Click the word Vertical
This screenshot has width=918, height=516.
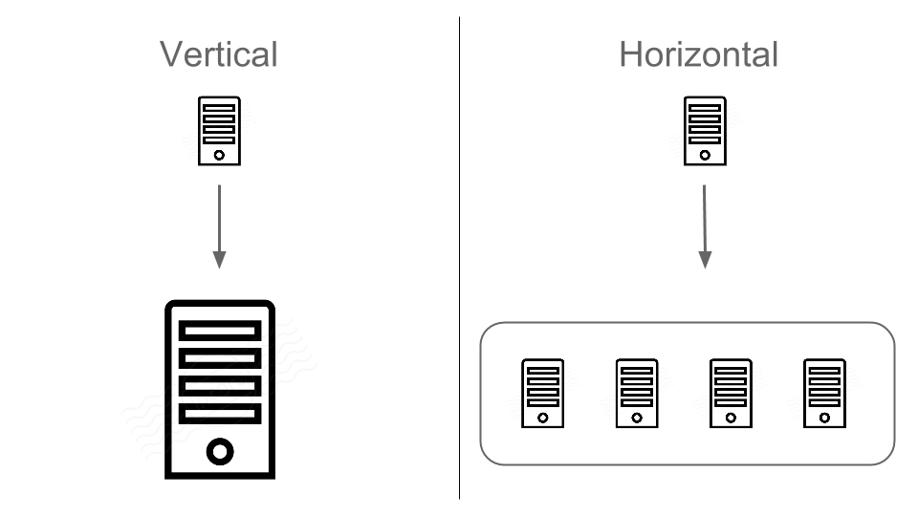218,54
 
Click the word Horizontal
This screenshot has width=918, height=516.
699,54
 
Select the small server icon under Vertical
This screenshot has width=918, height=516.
219,131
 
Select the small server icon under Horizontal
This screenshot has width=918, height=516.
705,131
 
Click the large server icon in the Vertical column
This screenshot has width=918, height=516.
220,389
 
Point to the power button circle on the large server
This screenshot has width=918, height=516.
220,451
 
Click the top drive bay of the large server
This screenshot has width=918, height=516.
220,330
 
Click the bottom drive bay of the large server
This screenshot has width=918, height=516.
220,413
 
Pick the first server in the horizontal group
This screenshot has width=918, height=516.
543,394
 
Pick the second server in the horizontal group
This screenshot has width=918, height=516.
637,394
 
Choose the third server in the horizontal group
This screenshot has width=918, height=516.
731,394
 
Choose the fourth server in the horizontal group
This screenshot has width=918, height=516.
824,394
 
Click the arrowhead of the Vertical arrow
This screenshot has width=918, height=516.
219,259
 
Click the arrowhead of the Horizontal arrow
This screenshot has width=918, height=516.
705,259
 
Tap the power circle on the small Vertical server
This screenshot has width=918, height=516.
219,155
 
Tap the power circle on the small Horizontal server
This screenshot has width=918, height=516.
705,155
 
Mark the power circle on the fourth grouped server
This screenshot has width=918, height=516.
824,418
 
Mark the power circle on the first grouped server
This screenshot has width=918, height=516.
543,418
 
